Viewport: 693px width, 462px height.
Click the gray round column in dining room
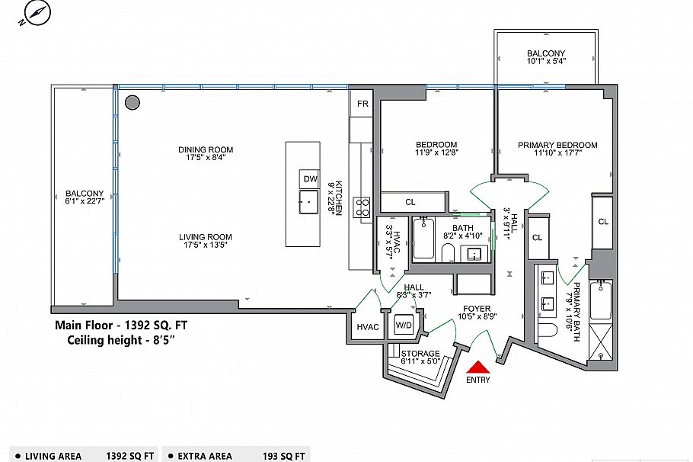tap(133, 103)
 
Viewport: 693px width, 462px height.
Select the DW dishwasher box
tap(310, 179)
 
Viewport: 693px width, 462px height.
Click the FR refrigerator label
tap(362, 104)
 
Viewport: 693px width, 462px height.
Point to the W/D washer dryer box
tap(404, 326)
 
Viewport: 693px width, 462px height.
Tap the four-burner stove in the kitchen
tap(362, 207)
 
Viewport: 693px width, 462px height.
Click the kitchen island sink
tap(309, 202)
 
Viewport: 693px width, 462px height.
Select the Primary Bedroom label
tap(557, 145)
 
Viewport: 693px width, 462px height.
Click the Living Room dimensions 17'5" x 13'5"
tap(205, 245)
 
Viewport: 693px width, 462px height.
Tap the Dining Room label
tap(206, 149)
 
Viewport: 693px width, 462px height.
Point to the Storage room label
tap(420, 354)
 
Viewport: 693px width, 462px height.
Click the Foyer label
tap(477, 309)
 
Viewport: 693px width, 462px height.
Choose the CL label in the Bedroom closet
tap(410, 202)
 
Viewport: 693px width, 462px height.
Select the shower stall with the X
tap(601, 343)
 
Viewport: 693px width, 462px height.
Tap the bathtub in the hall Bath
tap(423, 238)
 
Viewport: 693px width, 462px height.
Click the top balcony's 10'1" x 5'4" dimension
tap(546, 61)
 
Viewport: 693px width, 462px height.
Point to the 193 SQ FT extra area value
tap(284, 456)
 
